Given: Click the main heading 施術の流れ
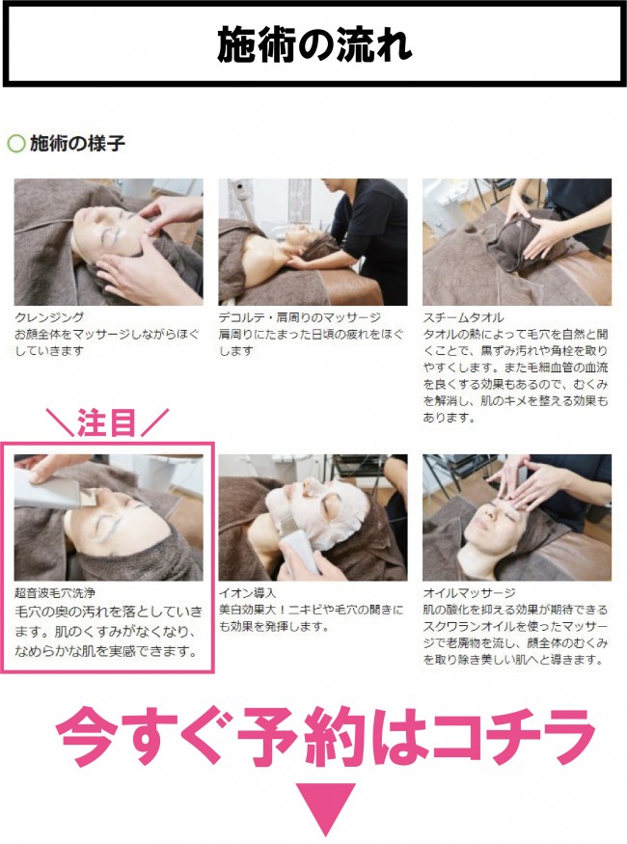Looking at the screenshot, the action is pos(314,44).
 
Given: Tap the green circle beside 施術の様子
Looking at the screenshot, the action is pos(16,144).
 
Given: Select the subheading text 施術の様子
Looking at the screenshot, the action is pos(77,143).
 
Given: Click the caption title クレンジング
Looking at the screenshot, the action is pos(49,317).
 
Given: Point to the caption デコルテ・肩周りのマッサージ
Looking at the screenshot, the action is pos(300,317).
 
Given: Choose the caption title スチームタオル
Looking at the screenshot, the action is pos(463,317).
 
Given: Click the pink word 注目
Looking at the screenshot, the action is pos(106,422).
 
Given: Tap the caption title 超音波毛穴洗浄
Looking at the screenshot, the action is pos(55,592).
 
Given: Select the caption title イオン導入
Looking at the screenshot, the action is pos(247,592).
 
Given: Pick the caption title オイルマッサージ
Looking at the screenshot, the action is pos(469,592).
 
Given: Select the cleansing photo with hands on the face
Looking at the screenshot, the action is pos(109,242).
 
